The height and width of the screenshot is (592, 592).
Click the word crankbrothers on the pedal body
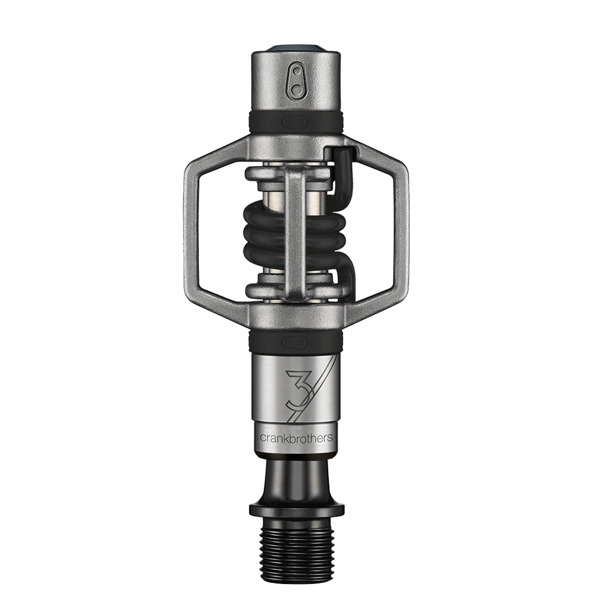point(296,437)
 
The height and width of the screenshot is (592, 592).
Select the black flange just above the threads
point(296,510)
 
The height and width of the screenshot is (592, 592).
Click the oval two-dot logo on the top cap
point(297,82)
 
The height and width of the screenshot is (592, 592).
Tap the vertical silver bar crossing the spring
point(295,234)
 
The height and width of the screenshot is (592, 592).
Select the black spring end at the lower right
point(345,277)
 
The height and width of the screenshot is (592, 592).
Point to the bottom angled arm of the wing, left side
point(216,302)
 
